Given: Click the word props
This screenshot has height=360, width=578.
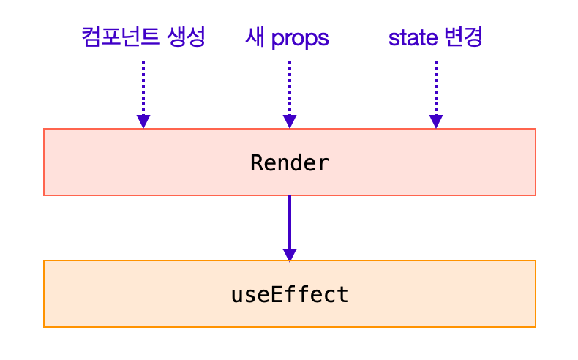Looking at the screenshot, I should click(300, 39).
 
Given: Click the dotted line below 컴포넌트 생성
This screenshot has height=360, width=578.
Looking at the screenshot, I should click(143, 88).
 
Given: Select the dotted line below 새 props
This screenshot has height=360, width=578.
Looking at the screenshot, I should click(290, 88).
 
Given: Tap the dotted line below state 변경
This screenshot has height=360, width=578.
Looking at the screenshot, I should click(436, 88).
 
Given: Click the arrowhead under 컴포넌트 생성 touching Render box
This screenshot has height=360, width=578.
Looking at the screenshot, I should click(143, 121).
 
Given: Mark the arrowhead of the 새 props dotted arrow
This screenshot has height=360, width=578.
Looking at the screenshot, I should click(290, 121).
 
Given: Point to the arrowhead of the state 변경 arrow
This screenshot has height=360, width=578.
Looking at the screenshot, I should click(436, 121).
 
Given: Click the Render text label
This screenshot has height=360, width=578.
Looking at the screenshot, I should click(290, 162).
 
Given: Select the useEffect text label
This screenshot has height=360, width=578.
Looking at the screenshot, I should click(290, 295).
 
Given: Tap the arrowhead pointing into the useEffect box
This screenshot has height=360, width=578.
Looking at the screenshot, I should click(290, 254).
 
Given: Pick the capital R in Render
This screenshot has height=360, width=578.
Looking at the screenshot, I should click(257, 162).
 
